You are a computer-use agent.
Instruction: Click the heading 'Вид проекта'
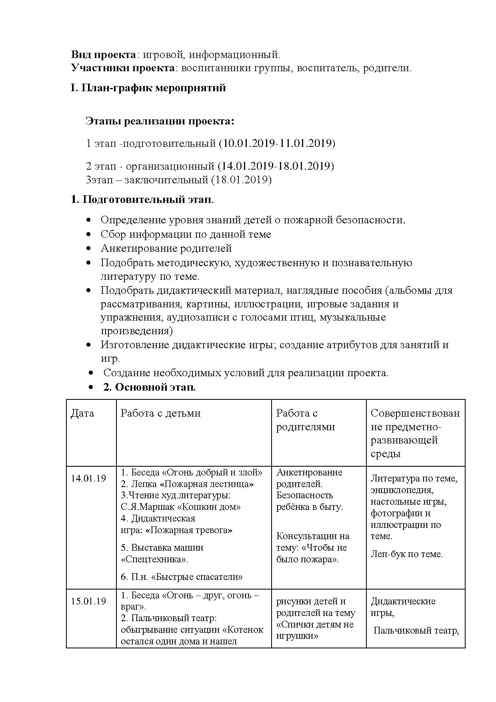104,54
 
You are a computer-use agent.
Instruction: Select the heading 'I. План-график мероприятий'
148,88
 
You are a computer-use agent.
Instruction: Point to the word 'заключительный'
166,180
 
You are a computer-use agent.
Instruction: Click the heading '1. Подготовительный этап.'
142,199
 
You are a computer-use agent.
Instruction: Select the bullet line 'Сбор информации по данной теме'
186,234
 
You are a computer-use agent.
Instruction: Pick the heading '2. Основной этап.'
149,387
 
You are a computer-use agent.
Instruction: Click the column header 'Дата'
82,413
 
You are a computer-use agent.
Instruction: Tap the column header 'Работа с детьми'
160,413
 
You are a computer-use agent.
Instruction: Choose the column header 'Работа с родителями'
305,420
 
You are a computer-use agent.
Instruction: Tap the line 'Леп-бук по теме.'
406,554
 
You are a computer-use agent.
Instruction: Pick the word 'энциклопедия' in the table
402,490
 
